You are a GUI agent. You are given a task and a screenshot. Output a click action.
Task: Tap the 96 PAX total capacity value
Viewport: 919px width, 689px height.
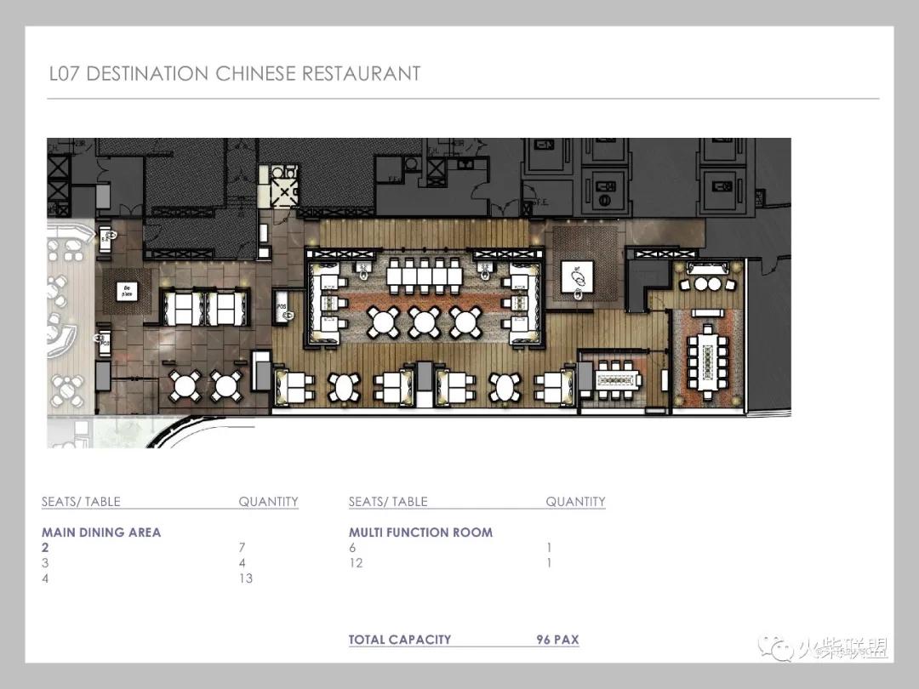pos(557,640)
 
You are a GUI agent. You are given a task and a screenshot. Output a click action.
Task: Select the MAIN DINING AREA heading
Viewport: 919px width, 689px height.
pos(101,532)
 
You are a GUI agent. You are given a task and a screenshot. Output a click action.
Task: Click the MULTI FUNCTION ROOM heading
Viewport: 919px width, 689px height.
pos(420,532)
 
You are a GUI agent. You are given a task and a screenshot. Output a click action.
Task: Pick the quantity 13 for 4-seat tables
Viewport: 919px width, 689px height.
pos(245,578)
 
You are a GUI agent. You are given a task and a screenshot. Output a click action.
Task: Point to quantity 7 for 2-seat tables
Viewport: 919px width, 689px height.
pos(243,548)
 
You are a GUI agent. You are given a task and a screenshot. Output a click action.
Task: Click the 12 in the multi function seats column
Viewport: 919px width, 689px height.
pos(356,563)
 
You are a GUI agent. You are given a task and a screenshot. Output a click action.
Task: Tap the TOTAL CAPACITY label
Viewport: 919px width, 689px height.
pos(400,640)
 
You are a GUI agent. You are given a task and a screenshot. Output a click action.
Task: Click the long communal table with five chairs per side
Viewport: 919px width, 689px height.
pos(423,276)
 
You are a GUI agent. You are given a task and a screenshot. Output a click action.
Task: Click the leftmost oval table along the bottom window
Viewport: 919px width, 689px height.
pos(344,387)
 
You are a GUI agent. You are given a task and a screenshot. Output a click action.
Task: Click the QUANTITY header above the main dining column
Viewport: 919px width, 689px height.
pos(268,502)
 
